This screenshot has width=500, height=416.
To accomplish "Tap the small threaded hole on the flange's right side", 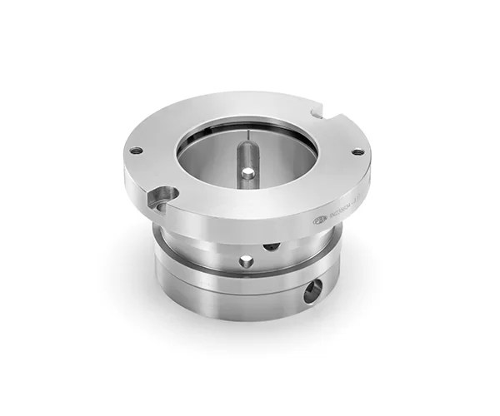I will click(357, 151).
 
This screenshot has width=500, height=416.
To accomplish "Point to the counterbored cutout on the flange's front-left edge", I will click(160, 197).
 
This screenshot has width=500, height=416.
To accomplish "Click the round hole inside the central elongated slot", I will click(247, 173).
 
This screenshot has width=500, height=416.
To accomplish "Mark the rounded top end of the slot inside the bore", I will click(247, 146).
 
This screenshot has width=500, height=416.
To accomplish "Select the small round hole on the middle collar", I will click(246, 261).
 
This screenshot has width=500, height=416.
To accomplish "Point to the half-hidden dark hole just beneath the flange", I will click(272, 245).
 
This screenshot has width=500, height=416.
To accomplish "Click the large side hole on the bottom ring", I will click(313, 290).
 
